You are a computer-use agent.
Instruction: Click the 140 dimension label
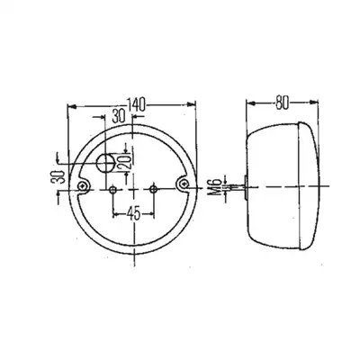[136, 103]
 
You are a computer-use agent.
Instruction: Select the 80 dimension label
[282, 103]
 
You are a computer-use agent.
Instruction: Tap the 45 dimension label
[133, 214]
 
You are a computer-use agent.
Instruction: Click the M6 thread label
[217, 187]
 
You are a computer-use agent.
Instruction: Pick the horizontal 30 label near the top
[119, 116]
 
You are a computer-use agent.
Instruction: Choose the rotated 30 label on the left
[58, 177]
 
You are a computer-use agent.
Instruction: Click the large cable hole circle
[105, 164]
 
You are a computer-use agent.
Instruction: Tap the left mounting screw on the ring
[82, 186]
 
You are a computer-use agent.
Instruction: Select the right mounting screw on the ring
[184, 183]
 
